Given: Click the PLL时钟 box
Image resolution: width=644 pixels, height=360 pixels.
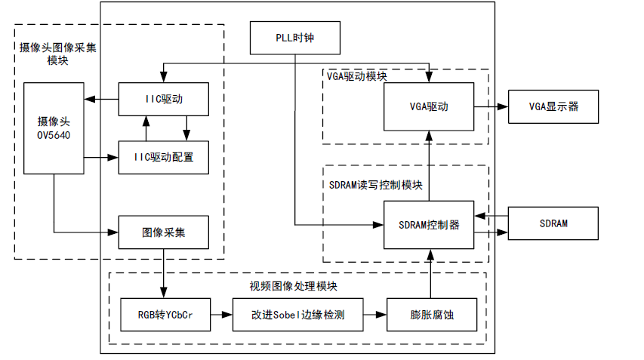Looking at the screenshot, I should (295, 38).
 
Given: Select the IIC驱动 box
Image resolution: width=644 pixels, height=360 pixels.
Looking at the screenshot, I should (163, 99).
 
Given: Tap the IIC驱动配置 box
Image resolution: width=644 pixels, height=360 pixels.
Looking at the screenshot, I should (163, 157).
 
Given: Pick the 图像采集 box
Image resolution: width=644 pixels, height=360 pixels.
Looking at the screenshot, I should (163, 232).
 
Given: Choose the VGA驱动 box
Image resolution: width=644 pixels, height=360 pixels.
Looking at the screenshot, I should (428, 106).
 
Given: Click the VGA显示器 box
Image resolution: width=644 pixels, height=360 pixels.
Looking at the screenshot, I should (553, 106).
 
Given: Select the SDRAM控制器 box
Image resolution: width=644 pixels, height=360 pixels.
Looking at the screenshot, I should (428, 225).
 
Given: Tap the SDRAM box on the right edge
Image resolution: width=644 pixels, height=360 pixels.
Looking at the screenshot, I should (553, 224).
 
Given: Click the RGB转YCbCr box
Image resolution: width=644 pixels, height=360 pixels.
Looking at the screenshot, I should (164, 315).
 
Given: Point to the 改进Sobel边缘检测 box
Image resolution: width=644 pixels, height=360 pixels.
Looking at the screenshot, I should (297, 315).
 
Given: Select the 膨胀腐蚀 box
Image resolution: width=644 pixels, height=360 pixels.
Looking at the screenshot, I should (431, 315).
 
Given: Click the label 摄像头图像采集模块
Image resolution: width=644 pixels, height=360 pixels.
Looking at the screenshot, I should (57, 54).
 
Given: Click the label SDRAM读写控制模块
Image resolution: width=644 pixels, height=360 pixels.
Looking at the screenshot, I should (375, 185).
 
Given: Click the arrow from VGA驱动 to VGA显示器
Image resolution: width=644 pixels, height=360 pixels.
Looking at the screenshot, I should (491, 106).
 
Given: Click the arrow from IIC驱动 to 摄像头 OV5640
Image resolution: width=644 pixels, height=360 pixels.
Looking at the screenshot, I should (101, 99).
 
